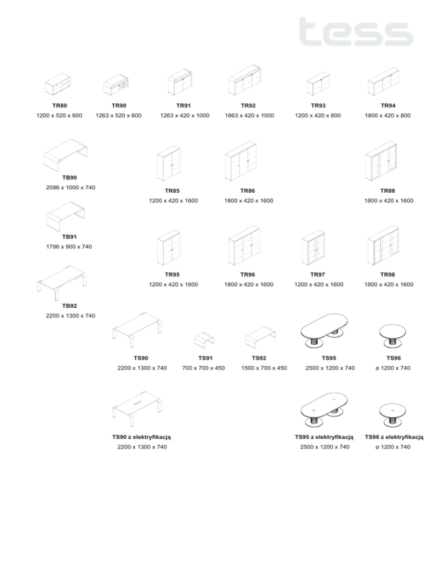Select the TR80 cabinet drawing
59,85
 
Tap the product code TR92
249,106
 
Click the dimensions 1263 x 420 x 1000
184,116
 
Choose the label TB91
69,237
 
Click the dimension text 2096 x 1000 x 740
70,187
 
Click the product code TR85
172,190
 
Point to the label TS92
259,358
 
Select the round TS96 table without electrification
393,334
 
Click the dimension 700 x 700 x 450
203,368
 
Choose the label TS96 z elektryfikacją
393,437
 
